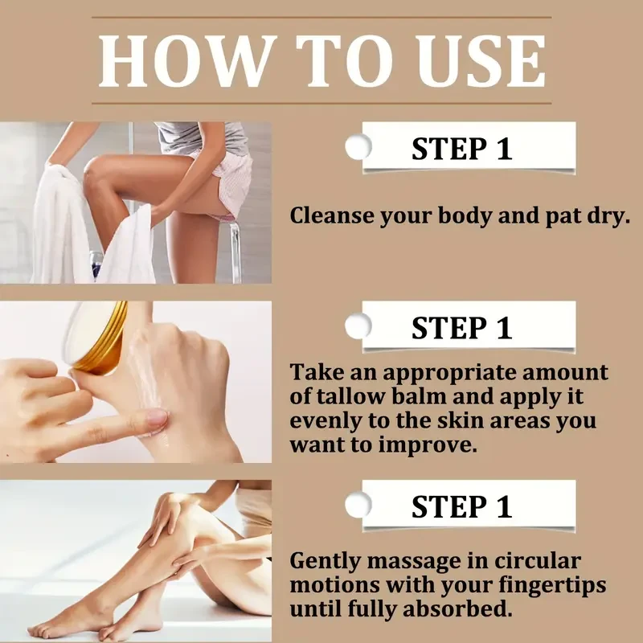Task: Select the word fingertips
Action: [x=552, y=586]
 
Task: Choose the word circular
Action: [x=537, y=560]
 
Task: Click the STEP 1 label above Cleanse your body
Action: [x=461, y=149]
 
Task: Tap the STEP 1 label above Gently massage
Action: [x=461, y=507]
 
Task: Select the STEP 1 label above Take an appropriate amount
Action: [x=461, y=328]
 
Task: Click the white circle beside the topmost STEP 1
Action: [x=358, y=146]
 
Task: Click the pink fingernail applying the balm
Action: [x=157, y=417]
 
